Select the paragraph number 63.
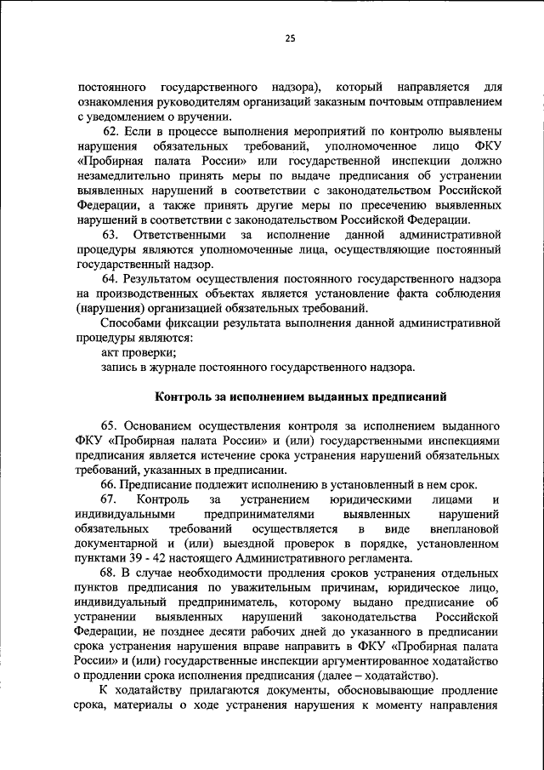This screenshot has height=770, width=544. coord(111,234)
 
